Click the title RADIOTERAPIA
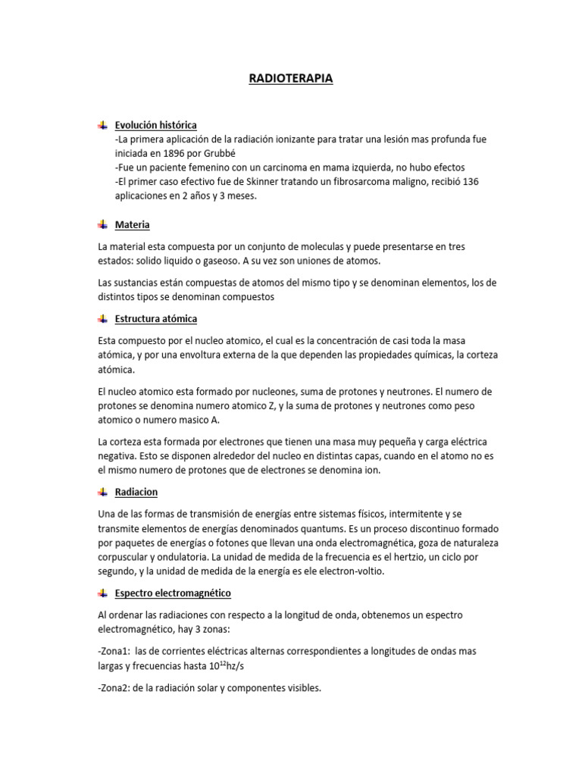click(x=291, y=78)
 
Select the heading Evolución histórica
click(x=155, y=124)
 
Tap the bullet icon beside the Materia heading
click(x=102, y=224)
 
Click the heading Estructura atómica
click(x=156, y=318)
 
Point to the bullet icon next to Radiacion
click(x=102, y=492)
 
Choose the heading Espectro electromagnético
click(x=173, y=593)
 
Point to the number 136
click(x=470, y=181)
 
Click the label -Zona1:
click(x=114, y=651)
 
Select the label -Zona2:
click(x=114, y=688)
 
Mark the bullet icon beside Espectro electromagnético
click(x=102, y=593)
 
